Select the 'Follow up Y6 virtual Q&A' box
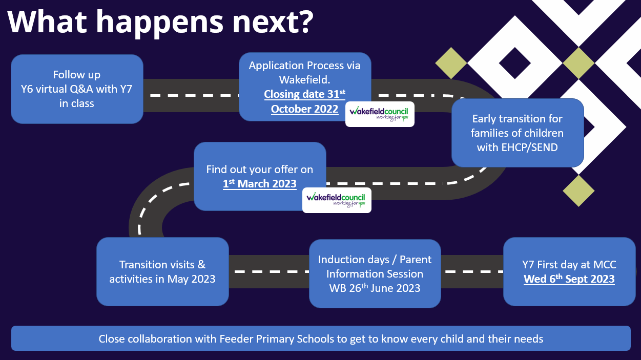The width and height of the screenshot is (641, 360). point(77,89)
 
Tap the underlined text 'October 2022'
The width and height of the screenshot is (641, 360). point(304,109)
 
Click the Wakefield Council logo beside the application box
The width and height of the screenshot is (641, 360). point(380,114)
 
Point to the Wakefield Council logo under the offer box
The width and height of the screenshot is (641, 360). point(337,200)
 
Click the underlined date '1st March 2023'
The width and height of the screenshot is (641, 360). point(260,183)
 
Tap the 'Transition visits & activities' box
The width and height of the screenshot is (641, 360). point(162,271)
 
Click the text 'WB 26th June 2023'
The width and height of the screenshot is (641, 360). point(375,288)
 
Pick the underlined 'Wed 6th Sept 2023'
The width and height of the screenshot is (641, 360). point(569,279)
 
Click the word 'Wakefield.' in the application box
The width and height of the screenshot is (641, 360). point(304,80)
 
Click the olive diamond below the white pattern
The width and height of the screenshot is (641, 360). point(578,190)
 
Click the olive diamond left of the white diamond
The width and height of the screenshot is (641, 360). point(451,63)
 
